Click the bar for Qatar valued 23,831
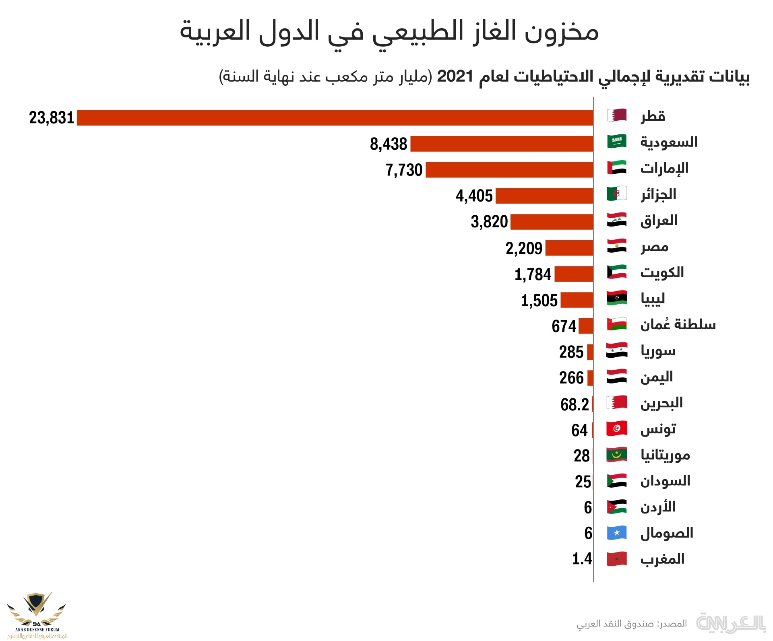[x=335, y=118]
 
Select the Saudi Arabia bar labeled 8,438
[x=502, y=144]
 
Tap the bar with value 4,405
[x=544, y=196]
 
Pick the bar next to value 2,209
[x=569, y=248]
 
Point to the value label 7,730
[x=404, y=170]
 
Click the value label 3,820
[x=490, y=222]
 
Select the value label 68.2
[x=575, y=404]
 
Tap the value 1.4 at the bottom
[x=582, y=559]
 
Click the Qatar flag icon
[x=617, y=115]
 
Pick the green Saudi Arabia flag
[x=617, y=141]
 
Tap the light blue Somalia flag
[x=617, y=533]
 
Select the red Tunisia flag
[x=617, y=429]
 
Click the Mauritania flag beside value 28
[x=617, y=455]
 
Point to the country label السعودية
[x=669, y=142]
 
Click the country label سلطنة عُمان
[x=678, y=324]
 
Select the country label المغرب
[x=662, y=559]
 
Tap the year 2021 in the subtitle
[x=455, y=76]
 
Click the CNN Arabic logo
[x=730, y=623]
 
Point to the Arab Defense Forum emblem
[x=37, y=612]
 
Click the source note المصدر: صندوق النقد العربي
[x=632, y=624]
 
